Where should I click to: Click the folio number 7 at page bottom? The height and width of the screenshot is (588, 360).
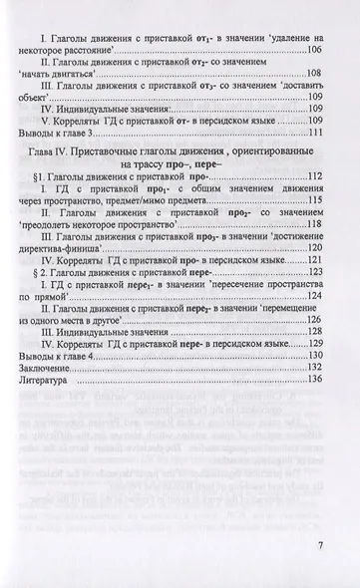[320, 544]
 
